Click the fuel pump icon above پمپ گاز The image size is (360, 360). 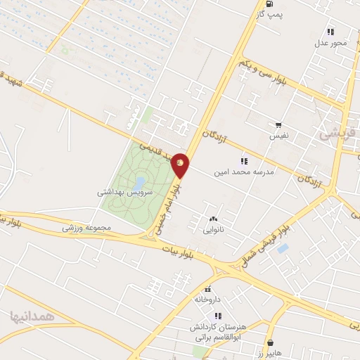coord(269,4)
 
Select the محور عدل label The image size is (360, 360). coord(330,43)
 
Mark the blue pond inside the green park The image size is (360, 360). coord(139,183)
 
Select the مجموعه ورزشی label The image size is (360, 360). coord(82,227)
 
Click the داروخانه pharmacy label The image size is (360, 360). coord(208,300)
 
